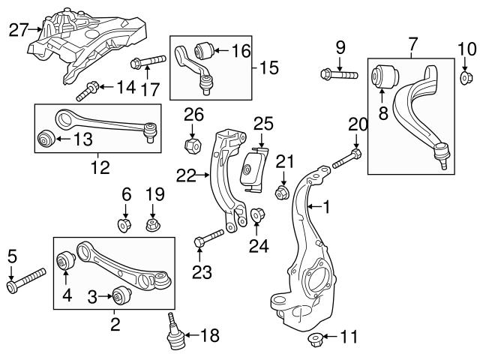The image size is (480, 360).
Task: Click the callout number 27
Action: point(17,30)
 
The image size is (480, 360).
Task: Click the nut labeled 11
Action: point(313,342)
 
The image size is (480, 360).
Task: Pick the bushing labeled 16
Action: point(202,51)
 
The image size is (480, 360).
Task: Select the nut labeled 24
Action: point(256,217)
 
